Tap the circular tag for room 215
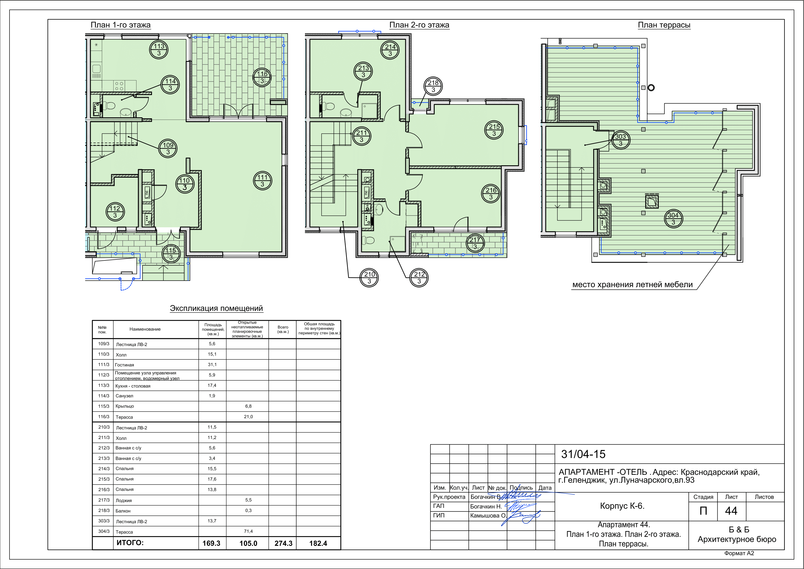coord(494,130)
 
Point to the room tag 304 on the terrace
coord(673,219)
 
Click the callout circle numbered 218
coord(433,86)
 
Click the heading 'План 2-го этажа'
coord(419,25)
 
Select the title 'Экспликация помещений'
coord(216,308)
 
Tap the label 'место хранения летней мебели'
coord(632,284)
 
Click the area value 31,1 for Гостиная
coord(212,364)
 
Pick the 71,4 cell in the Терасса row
coord(248,531)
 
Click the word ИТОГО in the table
coord(130,543)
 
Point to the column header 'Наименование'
coord(145,329)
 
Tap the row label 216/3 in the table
coord(104,489)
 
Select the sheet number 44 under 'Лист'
coord(731,511)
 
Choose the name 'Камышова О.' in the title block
coord(488,515)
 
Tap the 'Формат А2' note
coord(739,553)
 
